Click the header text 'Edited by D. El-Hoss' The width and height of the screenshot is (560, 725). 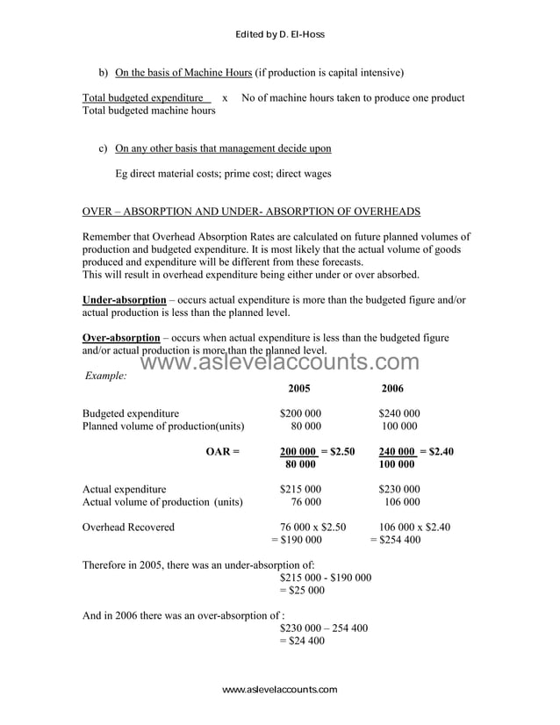[x=280, y=34]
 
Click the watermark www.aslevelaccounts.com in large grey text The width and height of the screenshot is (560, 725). [x=280, y=362]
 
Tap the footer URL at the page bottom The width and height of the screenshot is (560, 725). [x=279, y=690]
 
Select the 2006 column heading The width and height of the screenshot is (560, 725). [x=392, y=388]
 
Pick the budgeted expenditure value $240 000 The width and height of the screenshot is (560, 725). [x=399, y=413]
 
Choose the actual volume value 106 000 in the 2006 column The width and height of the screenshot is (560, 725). [x=402, y=502]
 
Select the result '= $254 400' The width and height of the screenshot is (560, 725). [x=395, y=540]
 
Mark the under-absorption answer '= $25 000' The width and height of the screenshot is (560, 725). [x=302, y=591]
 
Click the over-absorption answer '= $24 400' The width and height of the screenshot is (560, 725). [x=302, y=642]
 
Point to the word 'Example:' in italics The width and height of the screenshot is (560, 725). [x=106, y=376]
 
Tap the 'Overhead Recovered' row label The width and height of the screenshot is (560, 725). [x=128, y=527]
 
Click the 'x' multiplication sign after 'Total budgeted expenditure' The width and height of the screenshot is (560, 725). [x=226, y=98]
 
